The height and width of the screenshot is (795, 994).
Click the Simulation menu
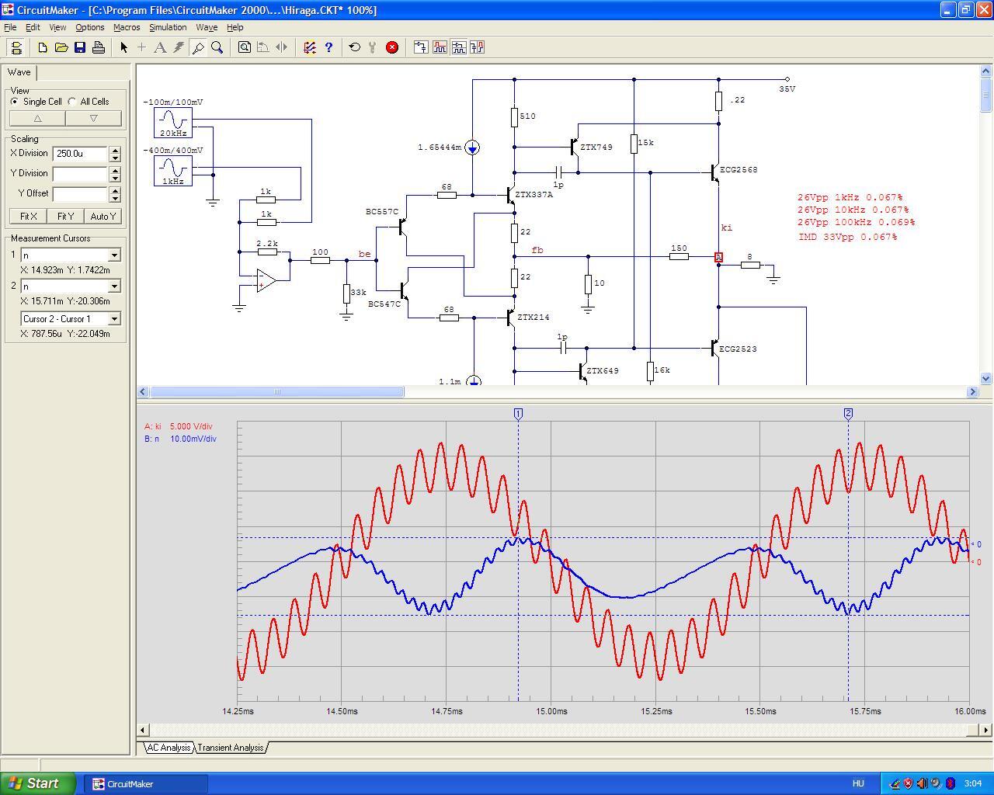point(168,27)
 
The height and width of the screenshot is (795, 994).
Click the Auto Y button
point(103,216)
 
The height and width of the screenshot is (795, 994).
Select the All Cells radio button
point(72,102)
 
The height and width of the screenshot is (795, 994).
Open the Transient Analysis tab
point(230,747)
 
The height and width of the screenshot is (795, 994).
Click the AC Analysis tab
point(169,747)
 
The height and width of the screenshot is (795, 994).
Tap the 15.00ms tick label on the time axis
point(551,711)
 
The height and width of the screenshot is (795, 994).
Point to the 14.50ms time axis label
point(342,711)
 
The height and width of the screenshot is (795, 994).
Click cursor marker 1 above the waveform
point(518,414)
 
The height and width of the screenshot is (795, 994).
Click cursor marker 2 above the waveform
point(848,414)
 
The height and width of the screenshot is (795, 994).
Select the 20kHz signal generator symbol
point(172,123)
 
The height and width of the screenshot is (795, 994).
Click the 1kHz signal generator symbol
point(172,171)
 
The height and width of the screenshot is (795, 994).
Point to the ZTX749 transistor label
point(596,147)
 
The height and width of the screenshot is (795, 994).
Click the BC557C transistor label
point(382,212)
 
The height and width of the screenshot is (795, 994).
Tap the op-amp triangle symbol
point(266,280)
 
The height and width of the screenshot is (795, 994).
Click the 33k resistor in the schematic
point(346,293)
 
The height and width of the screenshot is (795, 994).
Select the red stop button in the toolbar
point(392,47)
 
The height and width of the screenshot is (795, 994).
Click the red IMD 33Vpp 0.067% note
point(847,237)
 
